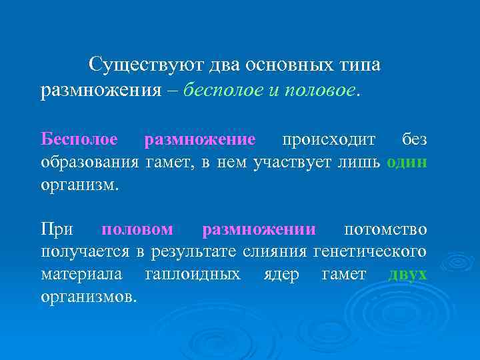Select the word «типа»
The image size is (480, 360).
tap(359, 65)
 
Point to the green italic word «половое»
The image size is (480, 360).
tap(319, 90)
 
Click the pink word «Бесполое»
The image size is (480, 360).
tap(79, 139)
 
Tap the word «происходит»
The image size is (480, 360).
tap(328, 139)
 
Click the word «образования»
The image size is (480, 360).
tap(89, 162)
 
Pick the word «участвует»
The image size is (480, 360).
tap(293, 162)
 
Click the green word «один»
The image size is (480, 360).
tap(407, 162)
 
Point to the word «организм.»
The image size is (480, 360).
tap(79, 185)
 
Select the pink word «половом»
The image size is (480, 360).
tap(137, 230)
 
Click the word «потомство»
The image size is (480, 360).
tap(385, 230)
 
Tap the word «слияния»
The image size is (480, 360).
tap(276, 253)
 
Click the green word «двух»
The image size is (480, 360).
tap(407, 275)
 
